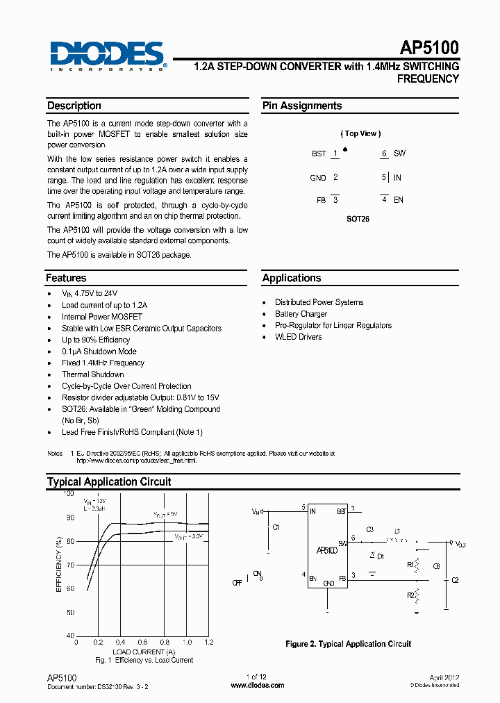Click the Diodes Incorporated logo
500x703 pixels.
107,56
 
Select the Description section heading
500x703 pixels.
74,106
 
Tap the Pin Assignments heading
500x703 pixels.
301,106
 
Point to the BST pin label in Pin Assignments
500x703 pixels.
318,154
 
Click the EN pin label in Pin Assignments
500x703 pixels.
399,200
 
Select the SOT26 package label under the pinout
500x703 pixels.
358,218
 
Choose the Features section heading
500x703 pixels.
66,278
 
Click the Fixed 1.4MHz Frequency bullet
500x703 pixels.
103,363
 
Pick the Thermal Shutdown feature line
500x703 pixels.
92,374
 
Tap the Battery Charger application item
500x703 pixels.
301,314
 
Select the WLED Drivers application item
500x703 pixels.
298,337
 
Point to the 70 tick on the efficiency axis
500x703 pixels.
69,565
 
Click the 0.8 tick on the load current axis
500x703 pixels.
164,643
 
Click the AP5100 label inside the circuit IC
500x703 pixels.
326,550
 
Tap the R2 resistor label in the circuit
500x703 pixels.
410,596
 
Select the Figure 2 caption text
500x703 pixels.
348,644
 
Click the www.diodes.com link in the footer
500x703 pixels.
257,685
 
